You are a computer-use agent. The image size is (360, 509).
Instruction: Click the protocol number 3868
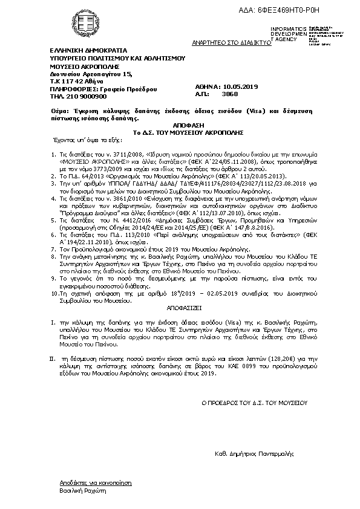231,94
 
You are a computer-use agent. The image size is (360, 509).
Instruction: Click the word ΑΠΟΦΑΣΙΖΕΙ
180,307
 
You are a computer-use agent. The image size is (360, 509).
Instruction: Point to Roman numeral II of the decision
53,358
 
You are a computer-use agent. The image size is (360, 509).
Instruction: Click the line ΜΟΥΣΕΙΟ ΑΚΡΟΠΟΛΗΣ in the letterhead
76,67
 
